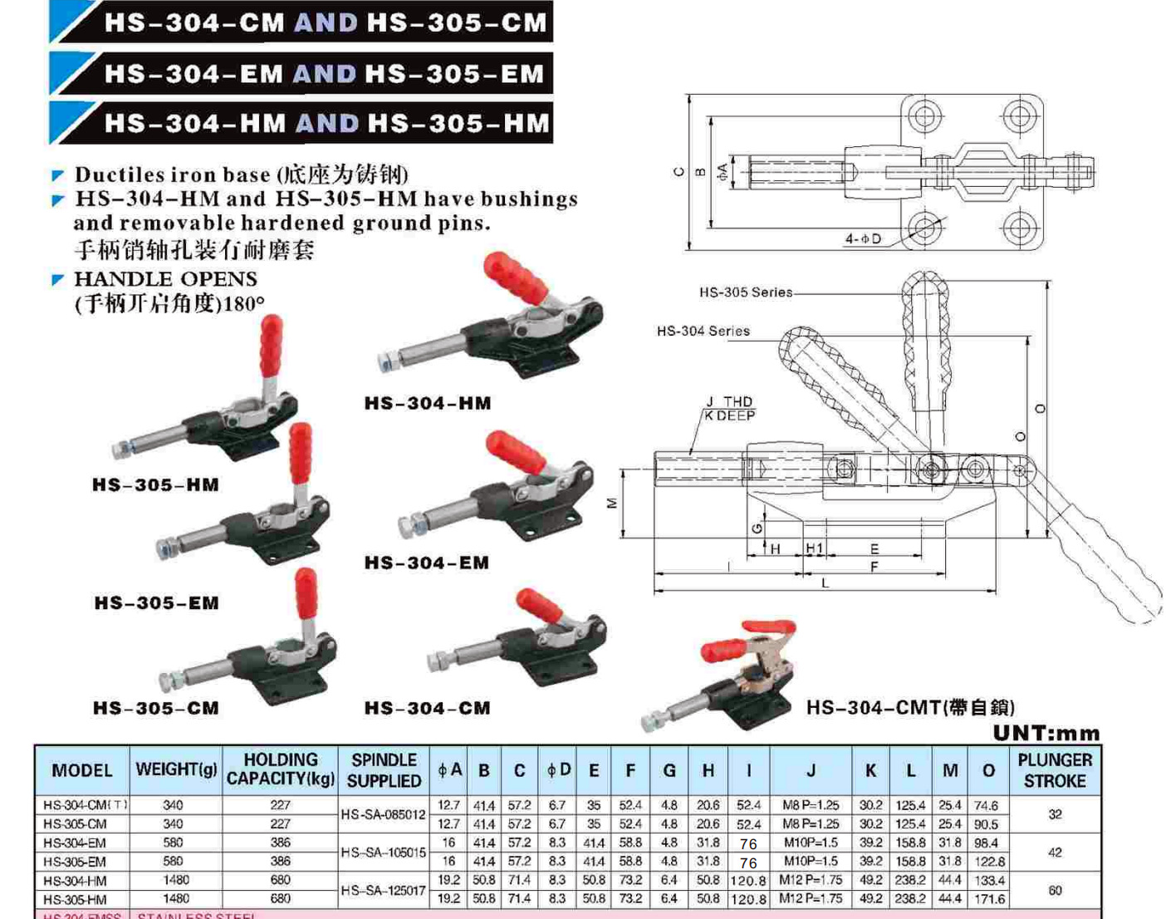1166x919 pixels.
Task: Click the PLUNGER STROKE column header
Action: tap(1054, 770)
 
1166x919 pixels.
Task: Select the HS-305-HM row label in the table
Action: tap(75, 899)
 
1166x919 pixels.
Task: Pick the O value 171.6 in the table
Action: tap(988, 899)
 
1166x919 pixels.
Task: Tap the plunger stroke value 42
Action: tap(1054, 852)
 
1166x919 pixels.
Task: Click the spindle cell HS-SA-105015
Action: tap(383, 852)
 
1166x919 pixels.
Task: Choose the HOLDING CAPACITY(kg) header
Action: tap(280, 769)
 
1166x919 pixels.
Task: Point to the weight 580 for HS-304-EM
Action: tap(173, 843)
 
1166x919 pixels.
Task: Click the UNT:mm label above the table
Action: tap(1046, 733)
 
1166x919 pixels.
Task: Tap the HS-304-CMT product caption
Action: tap(910, 707)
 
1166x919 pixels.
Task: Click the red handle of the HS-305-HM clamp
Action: tap(271, 346)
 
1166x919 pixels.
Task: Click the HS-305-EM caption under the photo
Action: tap(156, 603)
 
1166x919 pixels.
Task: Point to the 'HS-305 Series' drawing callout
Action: tap(745, 292)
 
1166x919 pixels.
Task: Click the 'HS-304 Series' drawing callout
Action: tap(703, 331)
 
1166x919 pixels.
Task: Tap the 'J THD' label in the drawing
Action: tap(728, 401)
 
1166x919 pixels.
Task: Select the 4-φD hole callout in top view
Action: tap(863, 238)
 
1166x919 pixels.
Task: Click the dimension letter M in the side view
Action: tap(612, 503)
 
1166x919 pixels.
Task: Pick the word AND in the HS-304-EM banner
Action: tap(324, 74)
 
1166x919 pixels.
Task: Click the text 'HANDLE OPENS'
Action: tap(165, 278)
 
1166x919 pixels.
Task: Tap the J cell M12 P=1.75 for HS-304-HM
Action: tap(811, 880)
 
